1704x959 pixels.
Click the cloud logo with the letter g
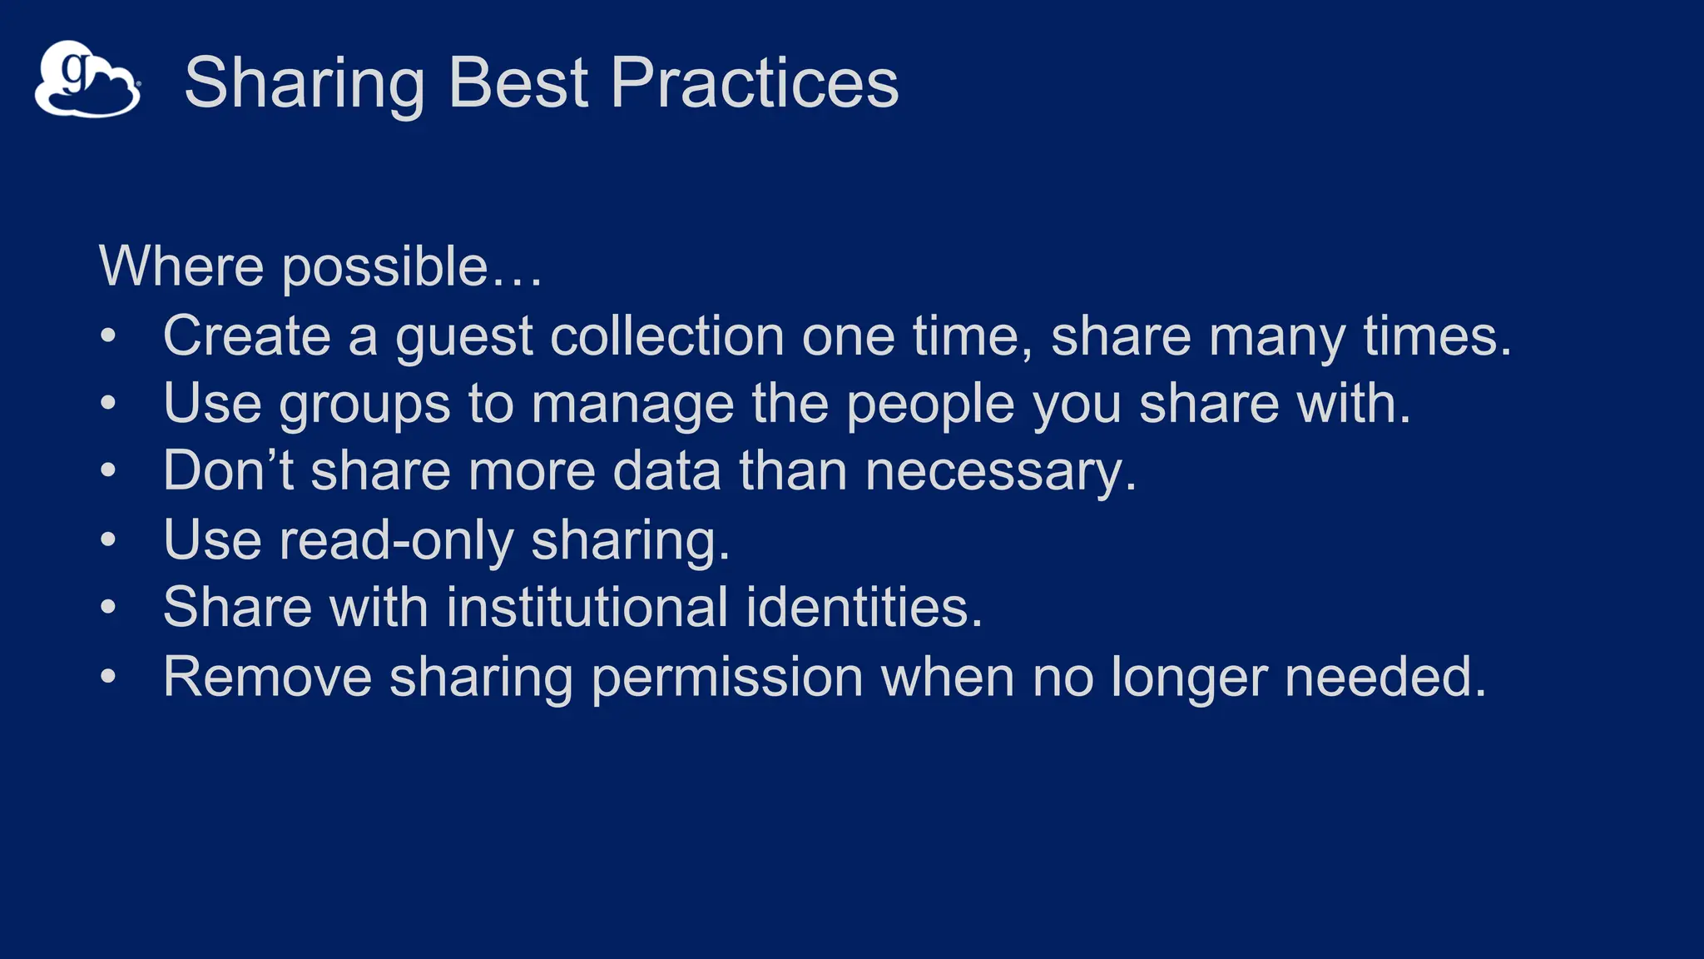[x=87, y=80]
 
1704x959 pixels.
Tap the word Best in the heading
[x=518, y=83]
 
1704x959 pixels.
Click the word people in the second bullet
[x=930, y=405]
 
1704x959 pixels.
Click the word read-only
[x=396, y=540]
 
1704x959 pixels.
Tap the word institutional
[x=587, y=607]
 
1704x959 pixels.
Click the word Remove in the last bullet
[x=267, y=676]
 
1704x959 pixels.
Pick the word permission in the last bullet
[x=727, y=678]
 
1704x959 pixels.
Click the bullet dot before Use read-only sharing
[x=108, y=539]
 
